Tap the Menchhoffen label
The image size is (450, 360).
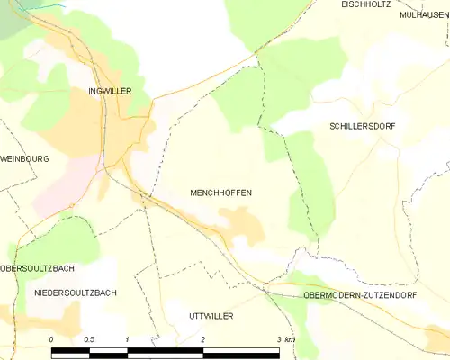[x=220, y=193]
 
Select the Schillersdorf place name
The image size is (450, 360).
[x=363, y=127]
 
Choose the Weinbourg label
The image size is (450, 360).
[x=24, y=158]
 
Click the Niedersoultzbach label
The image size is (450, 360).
[x=75, y=293]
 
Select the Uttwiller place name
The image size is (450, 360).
[x=211, y=317]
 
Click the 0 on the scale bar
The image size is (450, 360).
[x=51, y=339]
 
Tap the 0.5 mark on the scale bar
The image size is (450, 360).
[x=89, y=339]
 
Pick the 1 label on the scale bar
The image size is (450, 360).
[x=128, y=339]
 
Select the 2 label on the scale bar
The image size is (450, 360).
[x=203, y=339]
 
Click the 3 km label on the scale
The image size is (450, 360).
[x=285, y=339]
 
